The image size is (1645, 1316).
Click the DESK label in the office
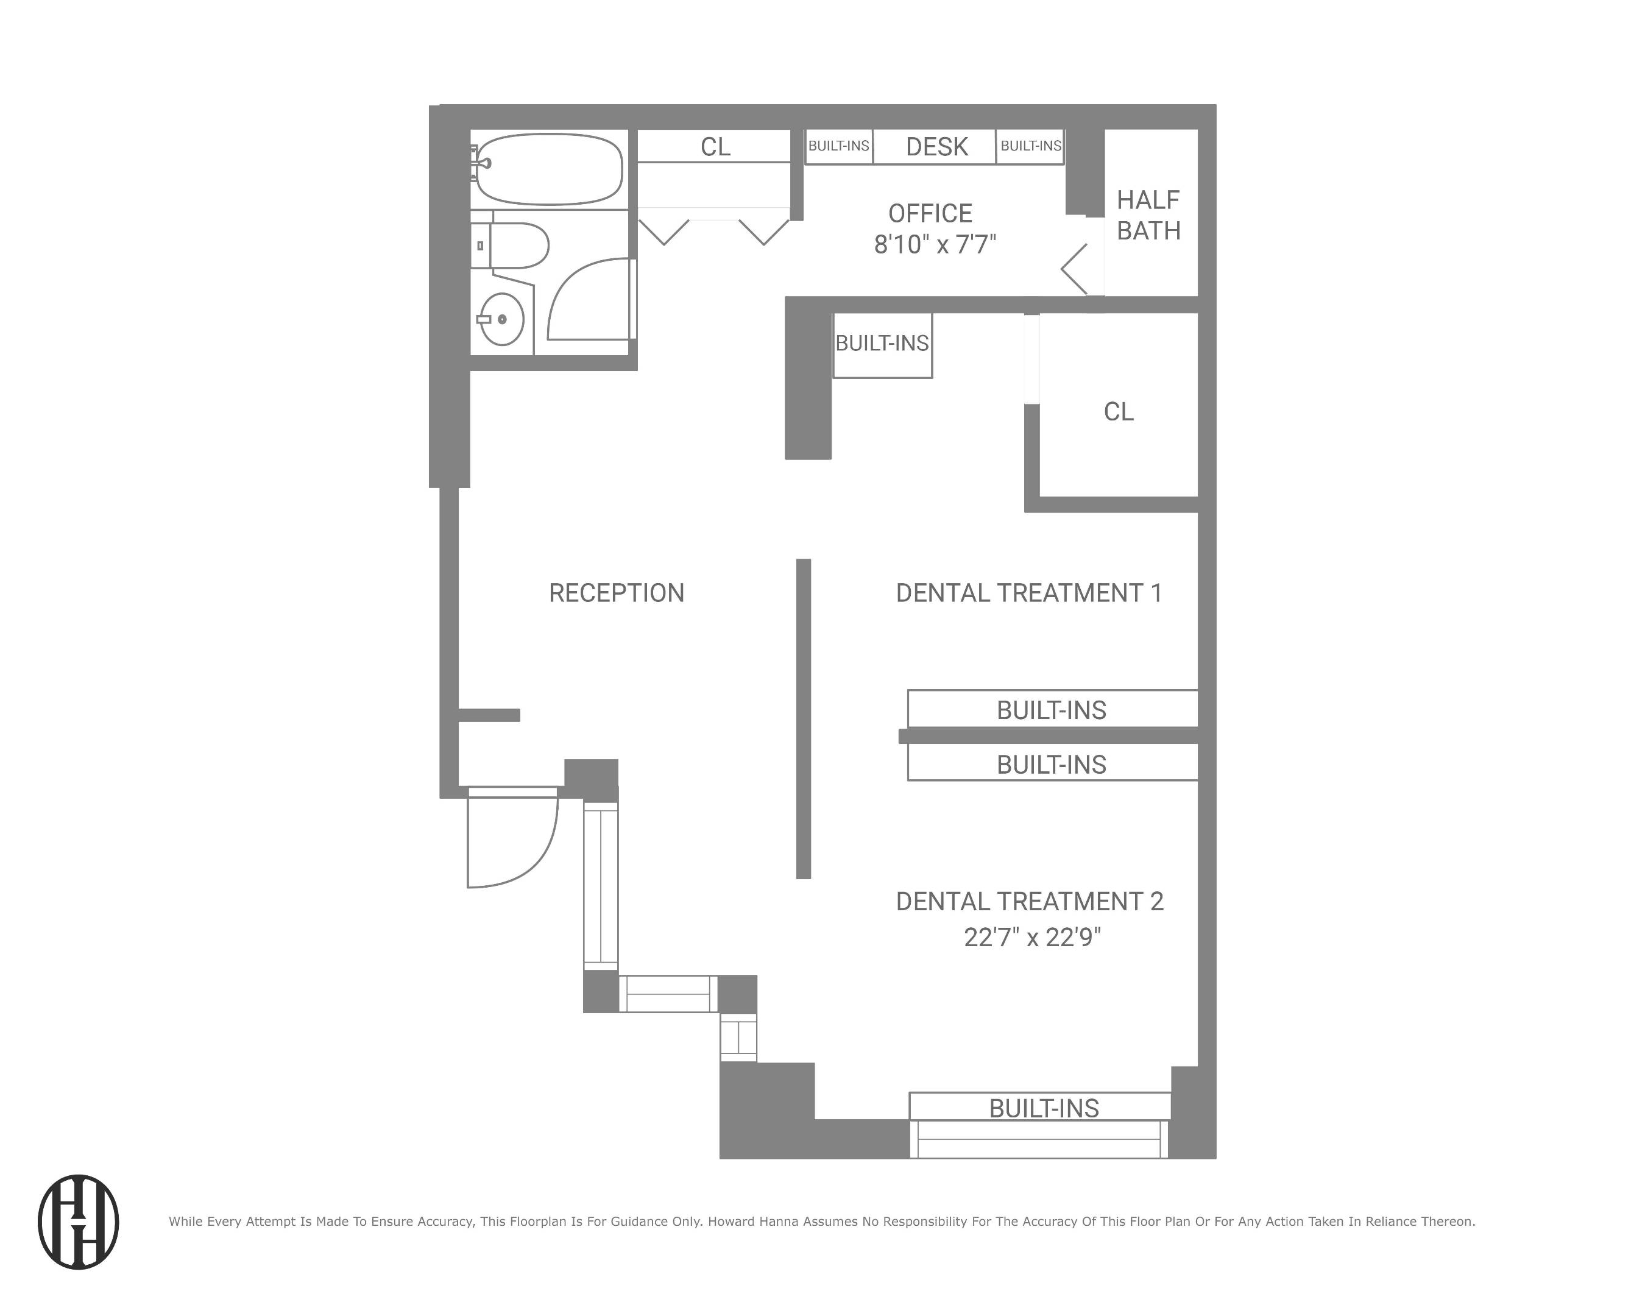[936, 146]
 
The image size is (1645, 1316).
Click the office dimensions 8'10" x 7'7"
[935, 245]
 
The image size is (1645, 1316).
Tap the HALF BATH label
[1148, 215]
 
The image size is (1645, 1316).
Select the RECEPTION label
[617, 593]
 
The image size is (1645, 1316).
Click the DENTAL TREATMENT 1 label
[1028, 593]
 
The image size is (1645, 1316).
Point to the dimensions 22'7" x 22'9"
[1031, 938]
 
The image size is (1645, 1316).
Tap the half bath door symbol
[1076, 269]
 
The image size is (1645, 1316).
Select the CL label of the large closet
[1119, 412]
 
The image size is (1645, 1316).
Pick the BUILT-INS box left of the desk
[838, 146]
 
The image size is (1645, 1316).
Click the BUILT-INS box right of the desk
[1030, 146]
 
